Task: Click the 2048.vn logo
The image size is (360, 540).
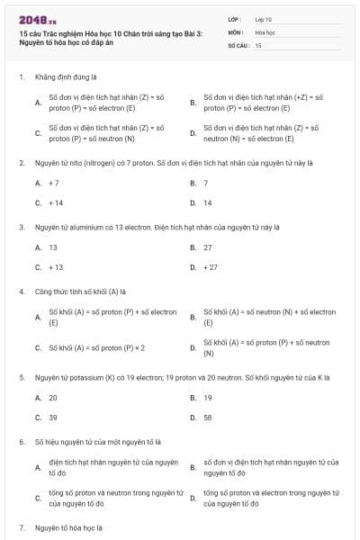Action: click(33, 20)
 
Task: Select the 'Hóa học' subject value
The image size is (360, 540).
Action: click(264, 31)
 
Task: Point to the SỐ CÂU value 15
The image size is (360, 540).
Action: click(258, 44)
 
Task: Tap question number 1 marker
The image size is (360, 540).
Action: click(21, 77)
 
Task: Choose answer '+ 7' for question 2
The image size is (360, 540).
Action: click(54, 183)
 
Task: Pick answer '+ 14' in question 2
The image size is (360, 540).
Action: click(56, 202)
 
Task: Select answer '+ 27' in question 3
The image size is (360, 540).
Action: click(211, 267)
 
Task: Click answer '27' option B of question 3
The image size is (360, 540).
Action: click(208, 247)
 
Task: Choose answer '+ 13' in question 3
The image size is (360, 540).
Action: click(56, 267)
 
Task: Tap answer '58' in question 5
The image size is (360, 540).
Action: click(208, 418)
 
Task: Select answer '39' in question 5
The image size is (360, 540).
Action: click(53, 418)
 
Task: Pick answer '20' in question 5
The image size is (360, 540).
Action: click(53, 397)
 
